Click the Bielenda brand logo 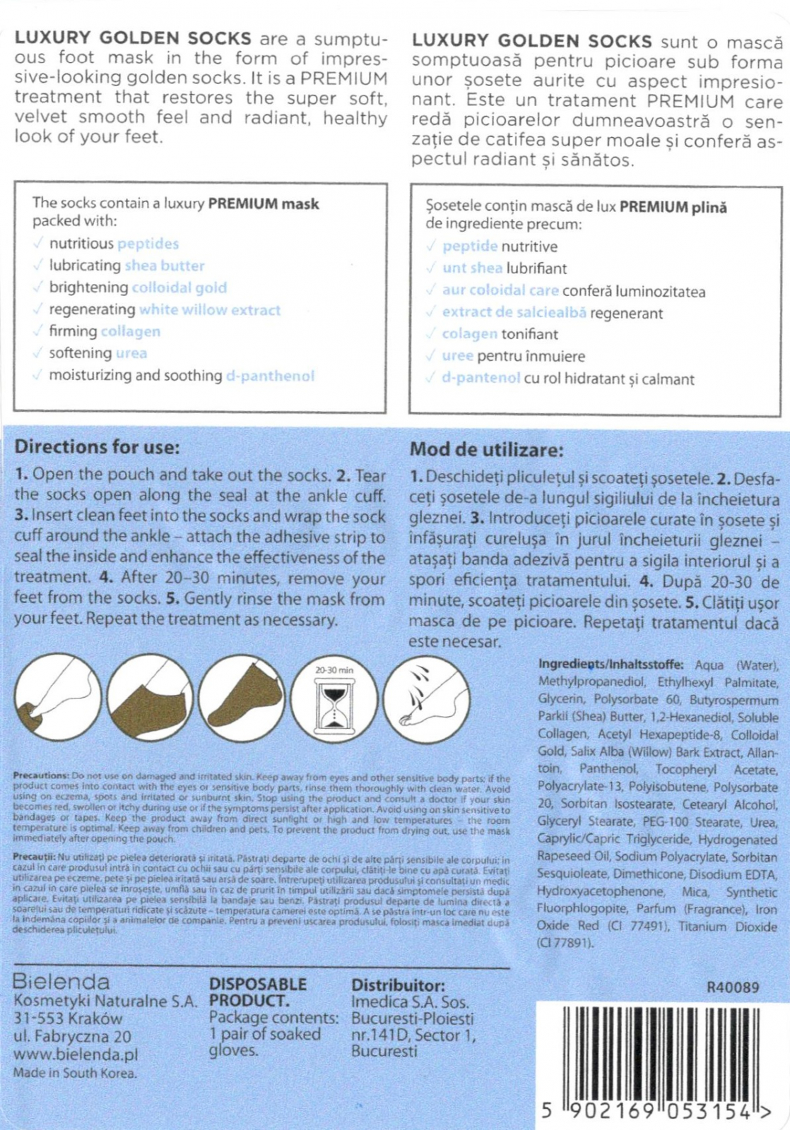click(x=61, y=982)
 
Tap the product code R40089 click(x=733, y=987)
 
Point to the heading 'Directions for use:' click(x=97, y=447)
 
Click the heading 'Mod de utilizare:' click(x=486, y=450)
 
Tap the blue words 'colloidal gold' click(x=179, y=287)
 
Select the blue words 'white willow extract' click(x=210, y=309)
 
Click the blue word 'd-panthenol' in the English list click(x=270, y=376)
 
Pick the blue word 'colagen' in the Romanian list click(x=470, y=334)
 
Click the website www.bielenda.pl click(x=76, y=1055)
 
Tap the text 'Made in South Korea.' click(x=75, y=1073)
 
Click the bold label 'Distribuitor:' click(x=398, y=985)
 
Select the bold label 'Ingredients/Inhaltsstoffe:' click(x=611, y=665)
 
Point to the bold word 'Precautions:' click(x=41, y=775)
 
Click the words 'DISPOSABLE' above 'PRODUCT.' click(x=258, y=985)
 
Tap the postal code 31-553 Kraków click(x=68, y=1019)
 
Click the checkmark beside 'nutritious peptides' click(x=37, y=244)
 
